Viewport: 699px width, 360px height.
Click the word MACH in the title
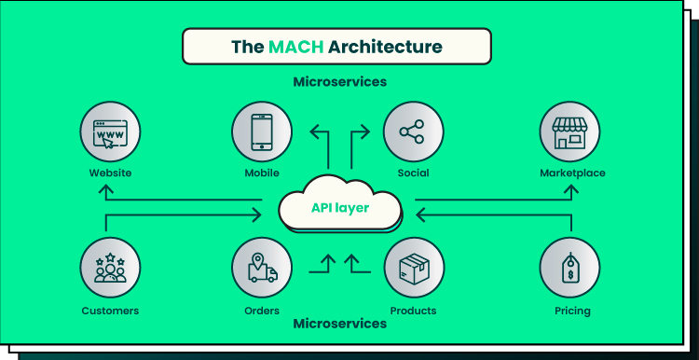[x=296, y=47]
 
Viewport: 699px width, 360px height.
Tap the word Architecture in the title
[x=385, y=47]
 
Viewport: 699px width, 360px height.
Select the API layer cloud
[x=340, y=203]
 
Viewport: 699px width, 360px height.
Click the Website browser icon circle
[x=110, y=132]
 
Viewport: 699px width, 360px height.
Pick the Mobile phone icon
[x=262, y=132]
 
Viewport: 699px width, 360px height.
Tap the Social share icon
[x=413, y=132]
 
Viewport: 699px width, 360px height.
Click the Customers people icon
[x=110, y=268]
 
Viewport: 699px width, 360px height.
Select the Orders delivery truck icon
[x=262, y=268]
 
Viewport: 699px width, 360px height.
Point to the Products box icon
[x=414, y=268]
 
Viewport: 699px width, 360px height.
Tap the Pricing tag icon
[x=569, y=268]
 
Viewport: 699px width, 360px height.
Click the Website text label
[x=110, y=173]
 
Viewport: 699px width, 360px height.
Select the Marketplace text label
[x=572, y=173]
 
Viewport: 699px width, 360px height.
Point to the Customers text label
[x=110, y=311]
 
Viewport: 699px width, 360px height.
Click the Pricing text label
[x=572, y=311]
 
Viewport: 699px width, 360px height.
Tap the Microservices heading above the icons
[x=339, y=82]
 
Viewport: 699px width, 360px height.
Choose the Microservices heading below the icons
[x=339, y=324]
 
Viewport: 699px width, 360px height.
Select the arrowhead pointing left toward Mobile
[x=314, y=132]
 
